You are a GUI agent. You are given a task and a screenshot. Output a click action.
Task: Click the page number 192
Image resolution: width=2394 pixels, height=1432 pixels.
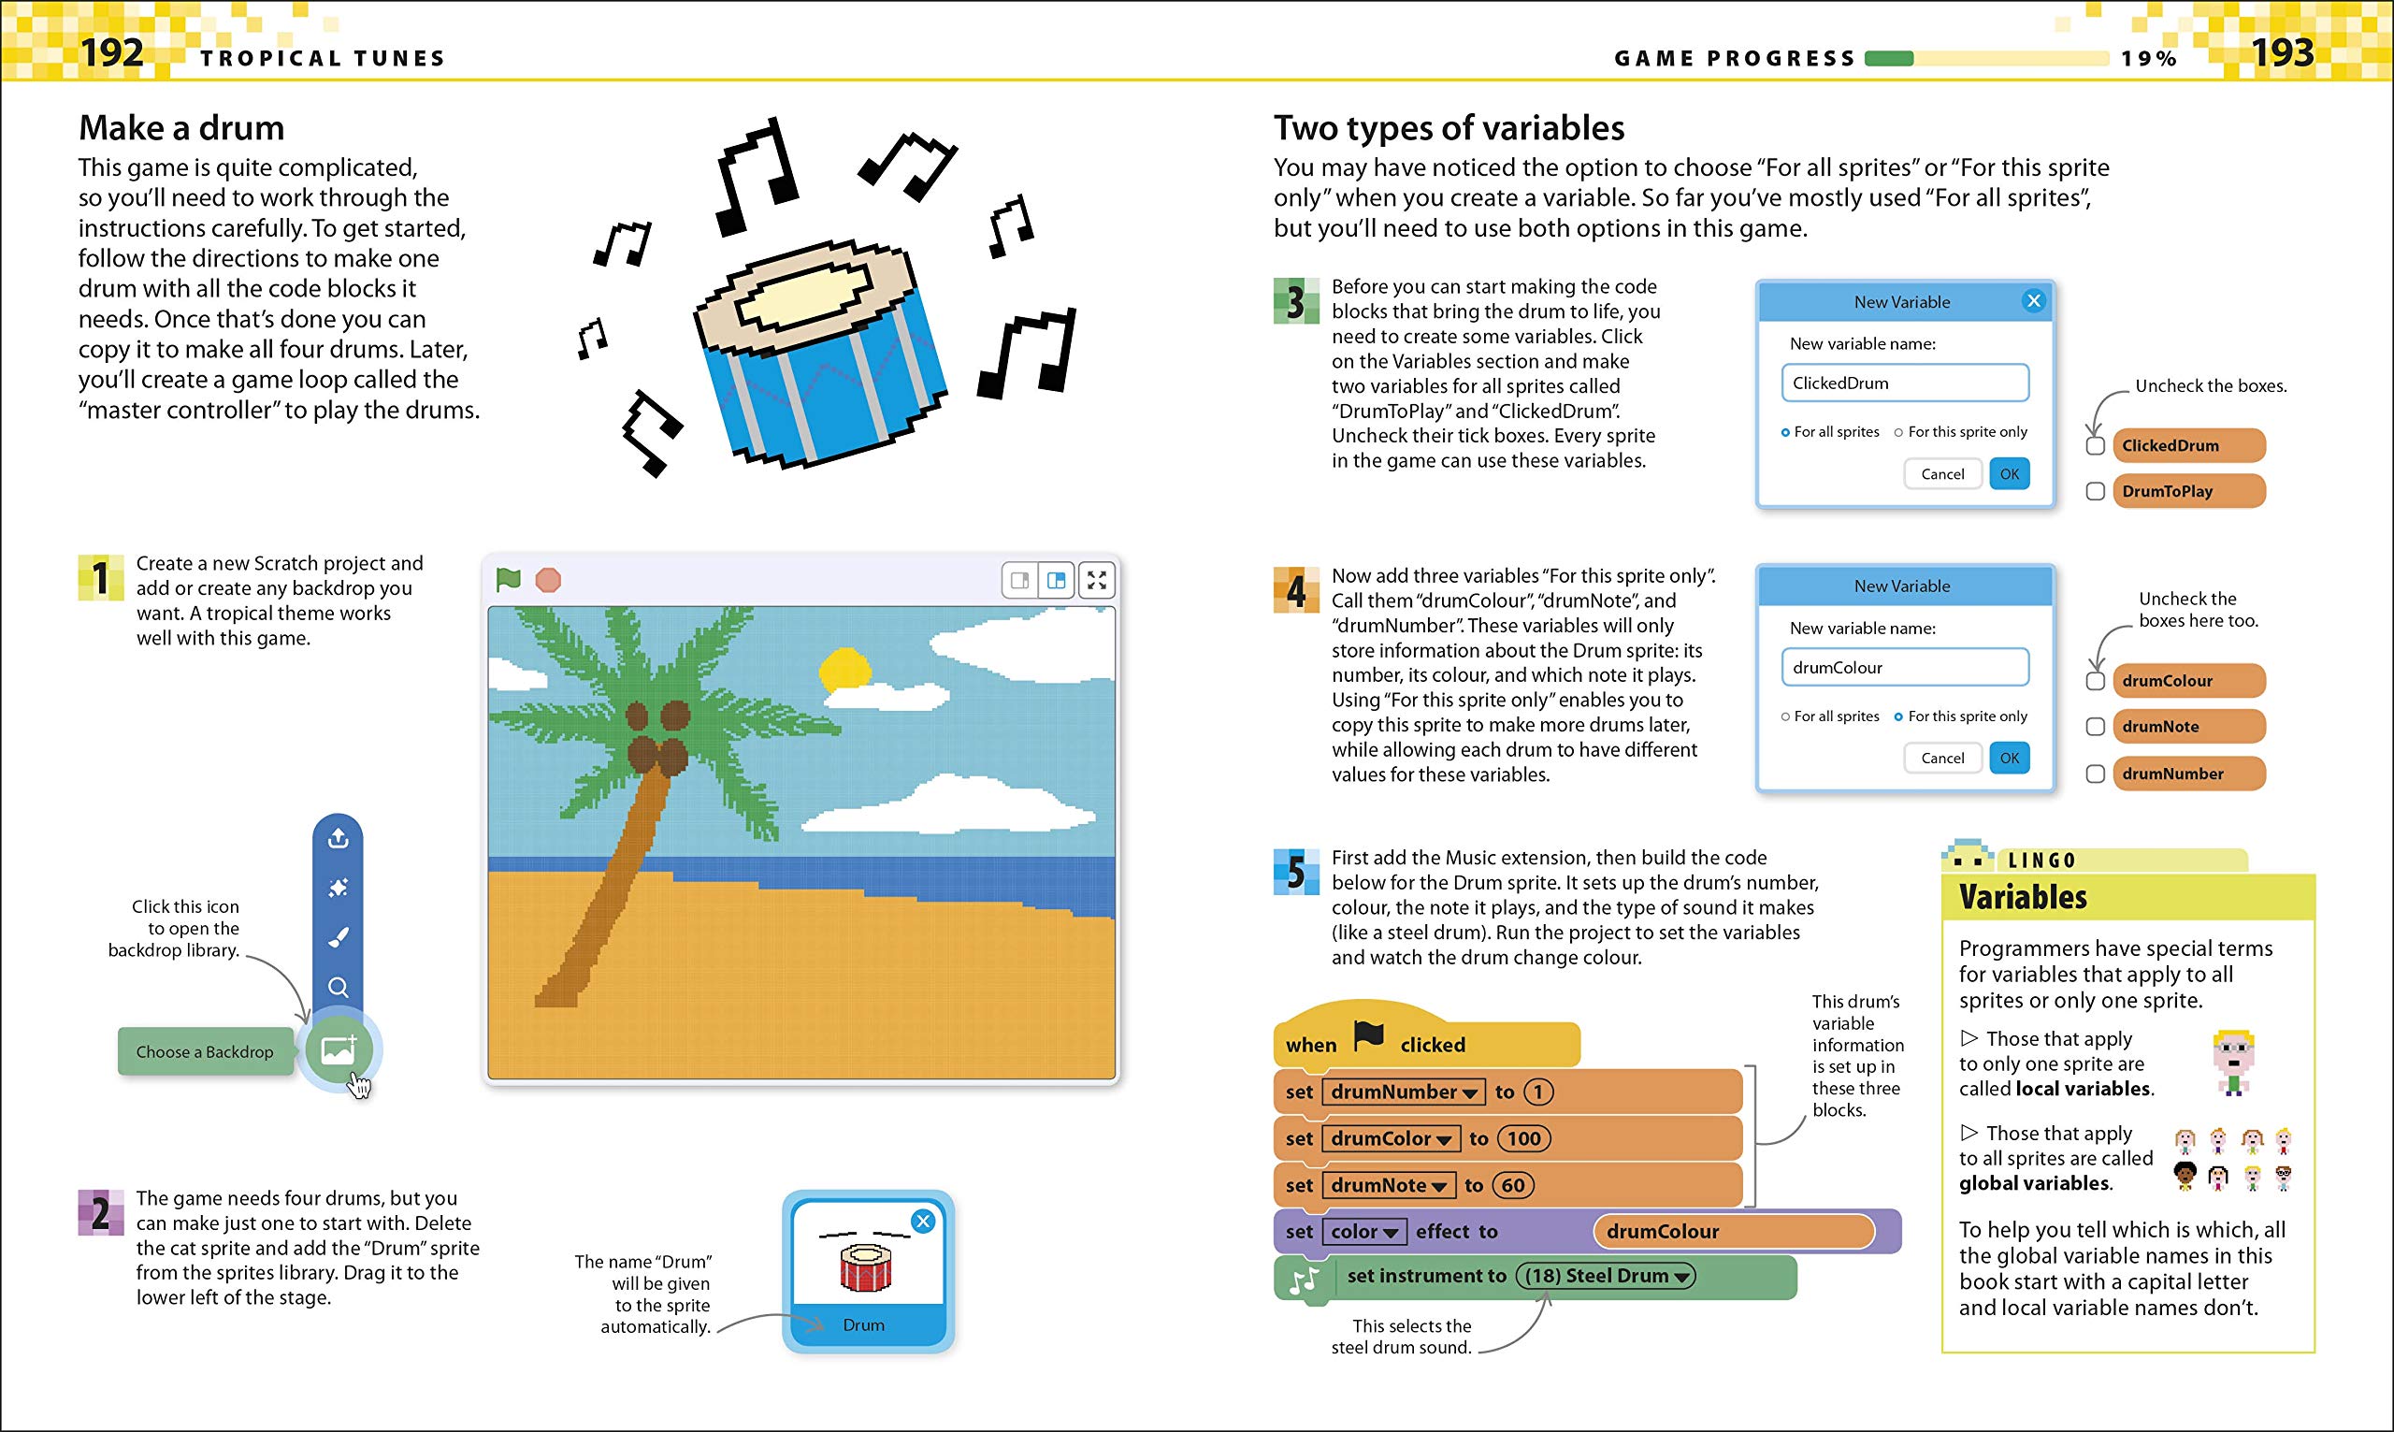coord(112,52)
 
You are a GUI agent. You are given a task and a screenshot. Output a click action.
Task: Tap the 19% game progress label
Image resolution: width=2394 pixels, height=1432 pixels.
coord(2149,59)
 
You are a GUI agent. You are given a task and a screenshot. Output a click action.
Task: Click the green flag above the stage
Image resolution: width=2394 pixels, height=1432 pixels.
coord(508,580)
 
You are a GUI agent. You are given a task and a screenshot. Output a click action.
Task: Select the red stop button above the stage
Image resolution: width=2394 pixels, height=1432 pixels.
coord(548,580)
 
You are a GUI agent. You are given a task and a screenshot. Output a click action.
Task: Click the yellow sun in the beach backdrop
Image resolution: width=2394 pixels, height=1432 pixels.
coord(845,669)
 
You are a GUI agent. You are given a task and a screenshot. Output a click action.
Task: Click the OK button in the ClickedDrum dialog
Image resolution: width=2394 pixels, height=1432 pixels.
coord(2009,474)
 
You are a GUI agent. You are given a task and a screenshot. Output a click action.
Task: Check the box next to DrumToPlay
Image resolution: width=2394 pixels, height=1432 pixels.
coord(2095,491)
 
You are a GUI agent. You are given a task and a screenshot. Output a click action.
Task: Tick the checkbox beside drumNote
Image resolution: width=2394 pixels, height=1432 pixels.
coord(2095,727)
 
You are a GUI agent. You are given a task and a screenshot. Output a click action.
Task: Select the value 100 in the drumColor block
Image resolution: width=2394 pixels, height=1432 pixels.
coord(1523,1138)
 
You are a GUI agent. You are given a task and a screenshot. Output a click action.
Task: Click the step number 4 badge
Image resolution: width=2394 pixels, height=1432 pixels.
coord(1295,590)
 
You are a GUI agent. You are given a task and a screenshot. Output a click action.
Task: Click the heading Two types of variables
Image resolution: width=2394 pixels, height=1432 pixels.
coord(1449,128)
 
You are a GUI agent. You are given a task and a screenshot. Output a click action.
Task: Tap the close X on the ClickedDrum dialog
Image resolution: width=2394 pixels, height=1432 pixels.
coord(2033,301)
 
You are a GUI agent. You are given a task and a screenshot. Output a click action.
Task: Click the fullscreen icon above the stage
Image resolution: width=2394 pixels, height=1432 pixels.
coord(1097,580)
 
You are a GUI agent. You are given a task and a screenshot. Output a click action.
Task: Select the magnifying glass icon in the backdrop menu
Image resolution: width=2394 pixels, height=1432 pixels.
coord(338,987)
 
